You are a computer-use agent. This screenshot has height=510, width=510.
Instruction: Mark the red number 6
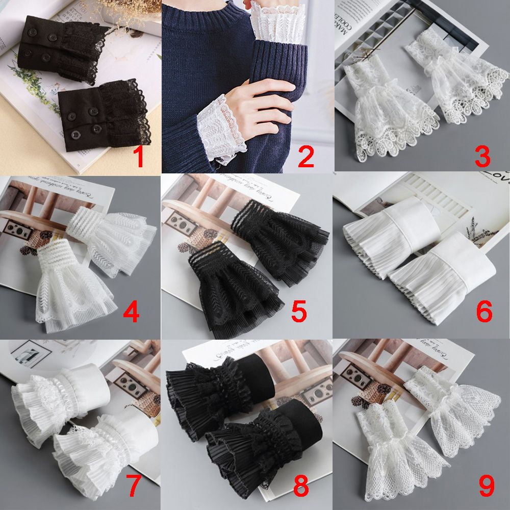[x=482, y=312]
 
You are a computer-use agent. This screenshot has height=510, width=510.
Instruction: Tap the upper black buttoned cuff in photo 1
[x=61, y=48]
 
